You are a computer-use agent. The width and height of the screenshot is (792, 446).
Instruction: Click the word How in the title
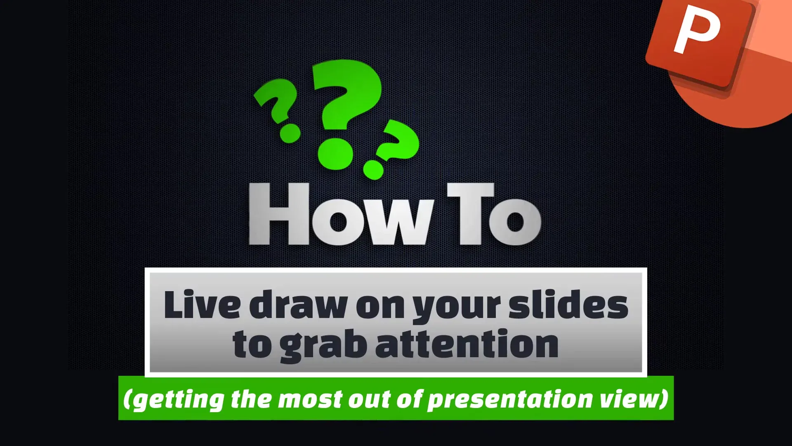(342, 215)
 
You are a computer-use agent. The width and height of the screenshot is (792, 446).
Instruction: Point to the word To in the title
(494, 215)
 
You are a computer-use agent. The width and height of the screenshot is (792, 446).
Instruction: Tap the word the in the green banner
(251, 399)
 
